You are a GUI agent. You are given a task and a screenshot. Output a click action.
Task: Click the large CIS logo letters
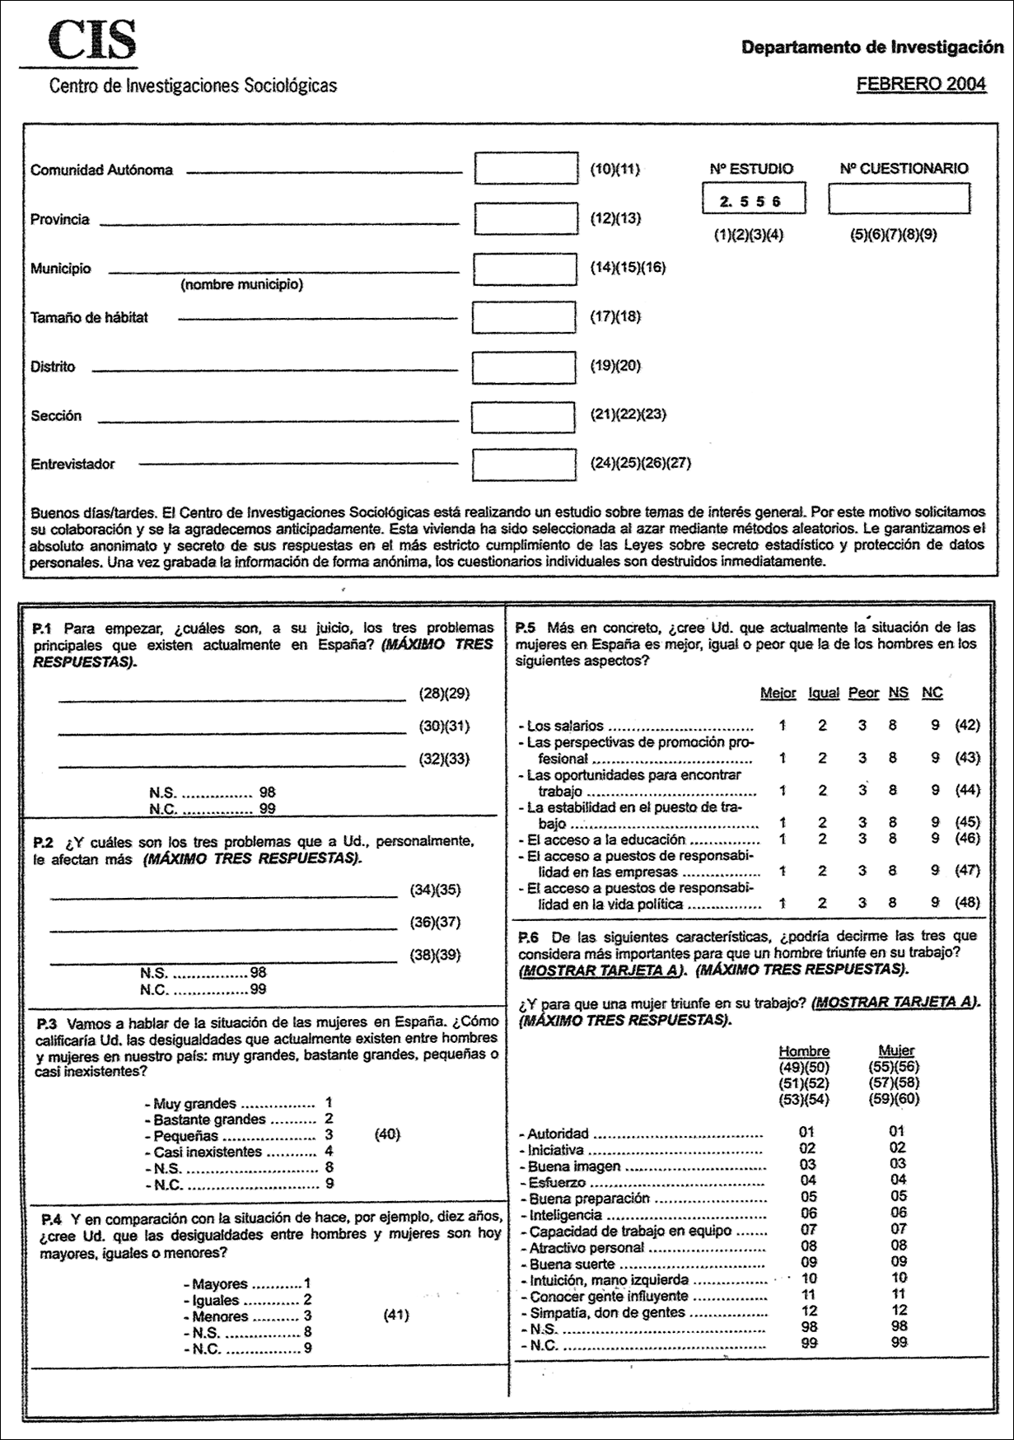(x=91, y=41)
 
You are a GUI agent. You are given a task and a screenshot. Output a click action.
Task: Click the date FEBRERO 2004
(x=920, y=84)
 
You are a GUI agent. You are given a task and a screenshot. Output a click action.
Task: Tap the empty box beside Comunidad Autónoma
(x=526, y=169)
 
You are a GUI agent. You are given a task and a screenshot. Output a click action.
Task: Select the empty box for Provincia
(x=526, y=218)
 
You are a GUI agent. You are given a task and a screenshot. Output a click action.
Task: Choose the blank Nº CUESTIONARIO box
(x=899, y=199)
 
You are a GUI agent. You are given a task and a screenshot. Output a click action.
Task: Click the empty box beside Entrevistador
(x=524, y=464)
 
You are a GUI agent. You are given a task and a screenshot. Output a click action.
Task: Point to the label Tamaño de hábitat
(x=89, y=317)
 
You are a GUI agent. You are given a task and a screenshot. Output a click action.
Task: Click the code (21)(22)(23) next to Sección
(x=628, y=414)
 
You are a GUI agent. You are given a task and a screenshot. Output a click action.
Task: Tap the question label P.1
(x=42, y=628)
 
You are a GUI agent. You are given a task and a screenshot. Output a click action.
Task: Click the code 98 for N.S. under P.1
(x=267, y=792)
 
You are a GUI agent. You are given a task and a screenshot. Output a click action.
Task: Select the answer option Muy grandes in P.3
(x=194, y=1103)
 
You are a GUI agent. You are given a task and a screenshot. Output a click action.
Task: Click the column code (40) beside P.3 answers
(x=387, y=1134)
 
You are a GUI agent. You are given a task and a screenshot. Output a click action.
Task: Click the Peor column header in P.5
(x=863, y=693)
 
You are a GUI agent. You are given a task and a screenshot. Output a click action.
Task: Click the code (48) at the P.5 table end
(x=967, y=902)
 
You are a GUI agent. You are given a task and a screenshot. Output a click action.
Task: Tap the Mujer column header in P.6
(x=896, y=1051)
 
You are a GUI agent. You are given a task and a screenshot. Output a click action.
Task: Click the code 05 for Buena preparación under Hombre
(x=808, y=1196)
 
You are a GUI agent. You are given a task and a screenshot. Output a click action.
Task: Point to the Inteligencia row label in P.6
(x=565, y=1214)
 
